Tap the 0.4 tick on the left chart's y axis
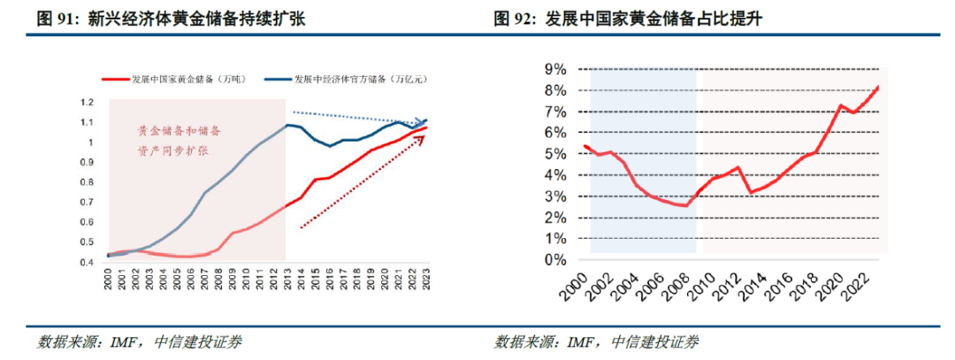point(87,263)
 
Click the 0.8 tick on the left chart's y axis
point(87,183)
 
